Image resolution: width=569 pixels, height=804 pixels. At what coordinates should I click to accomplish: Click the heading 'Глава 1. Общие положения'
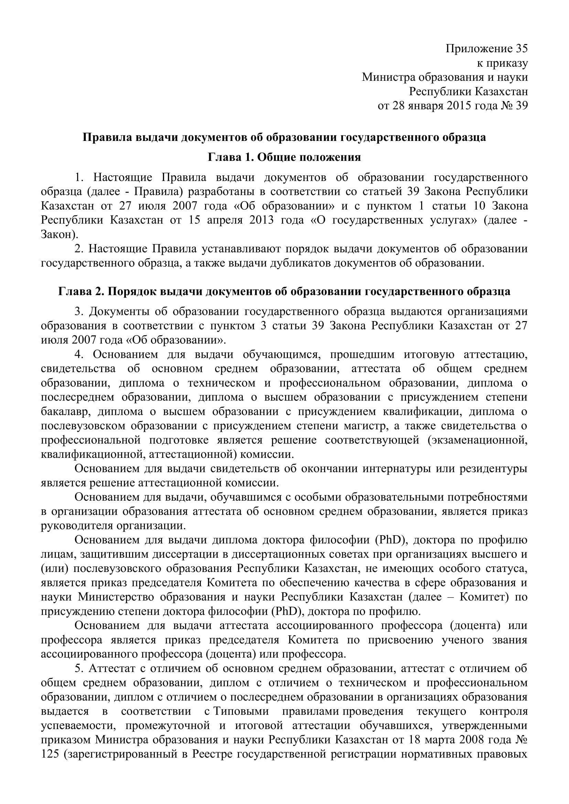[284, 157]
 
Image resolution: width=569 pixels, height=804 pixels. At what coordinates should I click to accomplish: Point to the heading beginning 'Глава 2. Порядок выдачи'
[284, 291]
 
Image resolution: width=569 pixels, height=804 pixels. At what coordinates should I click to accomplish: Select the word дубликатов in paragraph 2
[301, 263]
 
